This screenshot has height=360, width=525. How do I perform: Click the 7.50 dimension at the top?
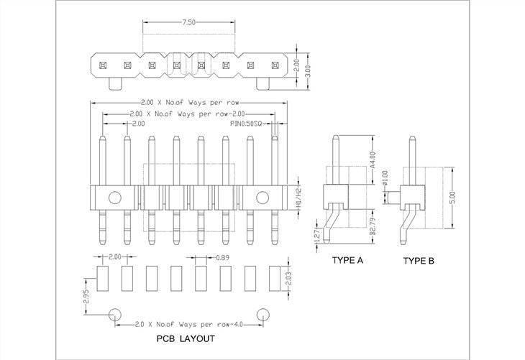click(x=188, y=23)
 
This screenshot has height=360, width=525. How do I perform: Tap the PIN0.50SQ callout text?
click(x=248, y=124)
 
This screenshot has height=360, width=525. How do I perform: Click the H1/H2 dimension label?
click(x=298, y=196)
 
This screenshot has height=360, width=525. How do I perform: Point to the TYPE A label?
click(x=347, y=261)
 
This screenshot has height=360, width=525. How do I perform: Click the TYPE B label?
click(x=418, y=261)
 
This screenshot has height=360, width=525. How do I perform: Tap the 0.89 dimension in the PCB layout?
click(x=224, y=257)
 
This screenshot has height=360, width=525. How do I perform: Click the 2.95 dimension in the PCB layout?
click(x=86, y=294)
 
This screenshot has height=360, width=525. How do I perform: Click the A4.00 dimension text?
click(x=373, y=159)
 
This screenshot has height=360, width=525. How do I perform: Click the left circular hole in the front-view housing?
click(x=114, y=196)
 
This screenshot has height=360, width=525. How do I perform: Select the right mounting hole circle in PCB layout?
click(x=262, y=314)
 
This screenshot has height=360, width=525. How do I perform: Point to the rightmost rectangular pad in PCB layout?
click(x=274, y=277)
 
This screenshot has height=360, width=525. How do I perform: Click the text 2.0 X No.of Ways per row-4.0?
click(x=188, y=324)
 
